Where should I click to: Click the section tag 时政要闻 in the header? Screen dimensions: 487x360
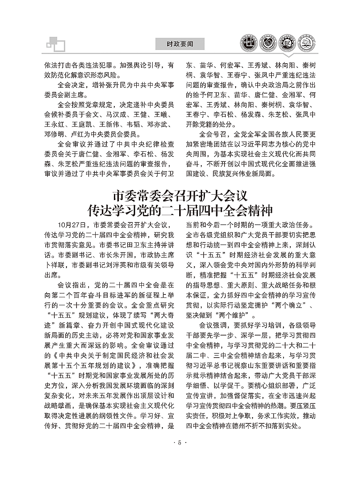180,44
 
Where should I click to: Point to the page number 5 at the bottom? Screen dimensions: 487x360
180,442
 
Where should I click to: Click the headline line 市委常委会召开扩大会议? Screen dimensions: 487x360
180,195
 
